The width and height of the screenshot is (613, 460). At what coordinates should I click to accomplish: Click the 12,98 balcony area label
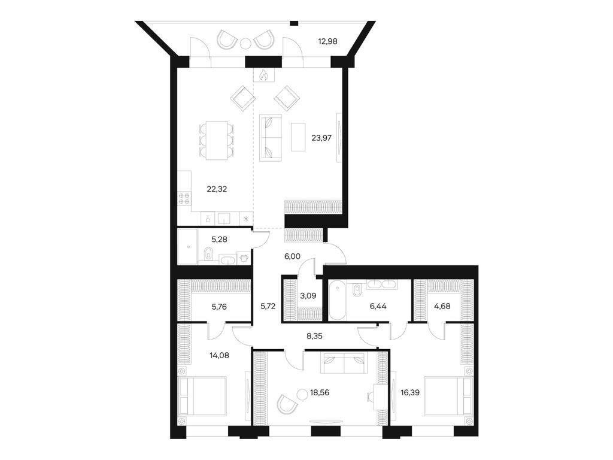329,41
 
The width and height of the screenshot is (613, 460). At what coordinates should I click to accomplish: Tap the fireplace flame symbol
264,75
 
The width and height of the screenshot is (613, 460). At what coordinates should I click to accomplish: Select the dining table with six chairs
216,140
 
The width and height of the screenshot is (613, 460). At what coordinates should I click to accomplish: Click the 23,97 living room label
321,137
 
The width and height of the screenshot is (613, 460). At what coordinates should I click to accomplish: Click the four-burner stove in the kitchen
184,199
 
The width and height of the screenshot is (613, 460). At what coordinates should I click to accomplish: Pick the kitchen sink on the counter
224,219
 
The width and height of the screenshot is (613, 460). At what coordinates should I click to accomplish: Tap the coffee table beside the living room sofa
298,137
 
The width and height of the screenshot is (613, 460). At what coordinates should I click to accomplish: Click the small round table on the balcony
245,43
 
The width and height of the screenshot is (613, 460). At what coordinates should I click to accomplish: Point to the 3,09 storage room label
307,295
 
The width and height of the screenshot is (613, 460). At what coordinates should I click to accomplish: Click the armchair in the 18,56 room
288,404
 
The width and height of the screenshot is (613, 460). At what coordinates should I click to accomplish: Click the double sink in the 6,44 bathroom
381,285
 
